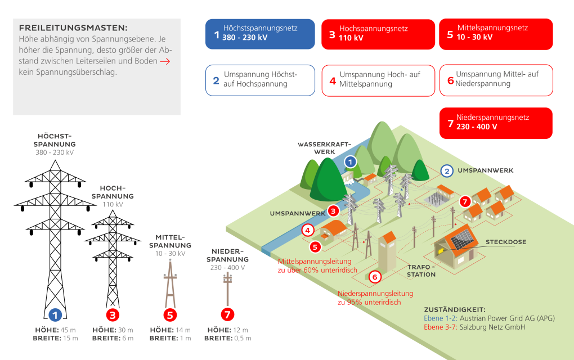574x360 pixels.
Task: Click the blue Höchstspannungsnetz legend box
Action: (x=260, y=34)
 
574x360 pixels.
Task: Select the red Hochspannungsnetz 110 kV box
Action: (x=378, y=34)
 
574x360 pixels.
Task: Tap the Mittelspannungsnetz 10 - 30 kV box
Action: (x=496, y=34)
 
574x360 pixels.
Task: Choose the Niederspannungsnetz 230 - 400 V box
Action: (x=496, y=123)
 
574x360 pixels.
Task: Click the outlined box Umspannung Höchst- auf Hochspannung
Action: (x=260, y=80)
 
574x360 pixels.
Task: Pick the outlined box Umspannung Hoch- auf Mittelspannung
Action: (x=378, y=80)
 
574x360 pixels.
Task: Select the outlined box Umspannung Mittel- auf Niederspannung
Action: (x=496, y=80)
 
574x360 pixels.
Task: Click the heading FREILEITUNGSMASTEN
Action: (x=73, y=28)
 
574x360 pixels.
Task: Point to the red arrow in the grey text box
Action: (x=165, y=61)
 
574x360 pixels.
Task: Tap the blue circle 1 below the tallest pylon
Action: (x=55, y=314)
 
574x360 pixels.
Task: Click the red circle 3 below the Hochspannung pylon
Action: (x=113, y=314)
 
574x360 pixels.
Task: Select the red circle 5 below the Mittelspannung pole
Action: (x=170, y=314)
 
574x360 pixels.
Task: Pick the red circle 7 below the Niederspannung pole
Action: (x=227, y=314)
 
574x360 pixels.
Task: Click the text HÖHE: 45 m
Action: (x=55, y=330)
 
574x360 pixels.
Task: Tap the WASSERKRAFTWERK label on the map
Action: (x=324, y=148)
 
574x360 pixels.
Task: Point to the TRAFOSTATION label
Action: (x=421, y=271)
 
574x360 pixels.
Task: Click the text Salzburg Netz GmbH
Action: (x=492, y=327)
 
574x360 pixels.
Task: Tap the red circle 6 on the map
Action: (x=375, y=277)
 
